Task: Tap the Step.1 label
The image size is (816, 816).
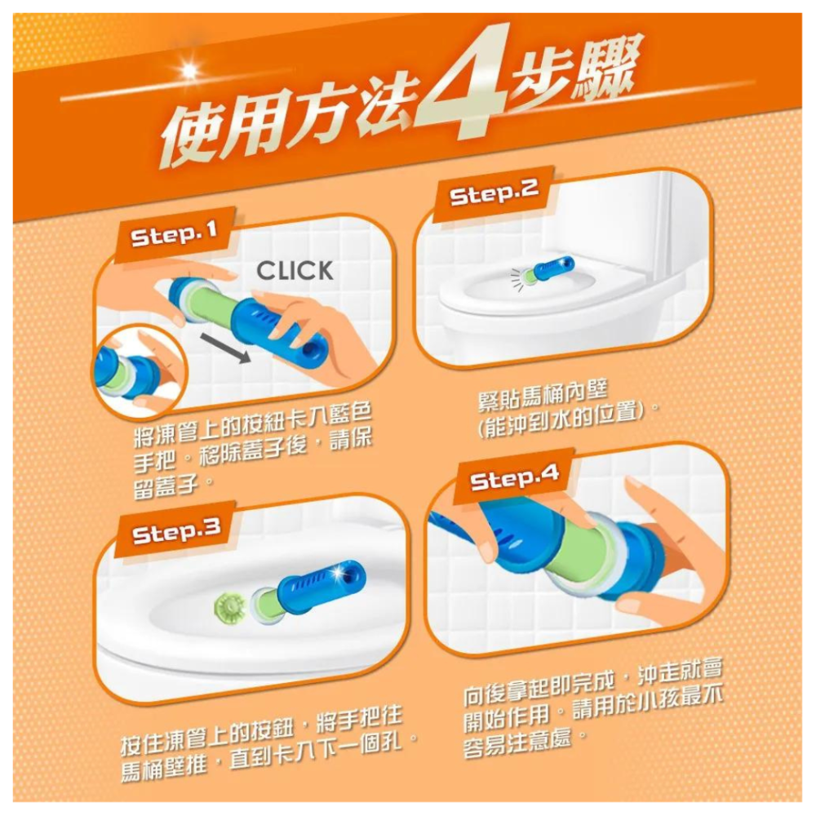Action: click(174, 236)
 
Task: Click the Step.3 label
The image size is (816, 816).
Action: click(176, 532)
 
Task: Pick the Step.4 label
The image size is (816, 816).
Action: click(514, 477)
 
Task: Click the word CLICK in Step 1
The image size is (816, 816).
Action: click(295, 271)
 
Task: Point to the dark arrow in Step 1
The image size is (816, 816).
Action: click(226, 348)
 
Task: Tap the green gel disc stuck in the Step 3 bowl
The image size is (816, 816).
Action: click(229, 607)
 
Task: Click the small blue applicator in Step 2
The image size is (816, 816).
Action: click(549, 270)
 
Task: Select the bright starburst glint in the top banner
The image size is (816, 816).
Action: click(190, 70)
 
